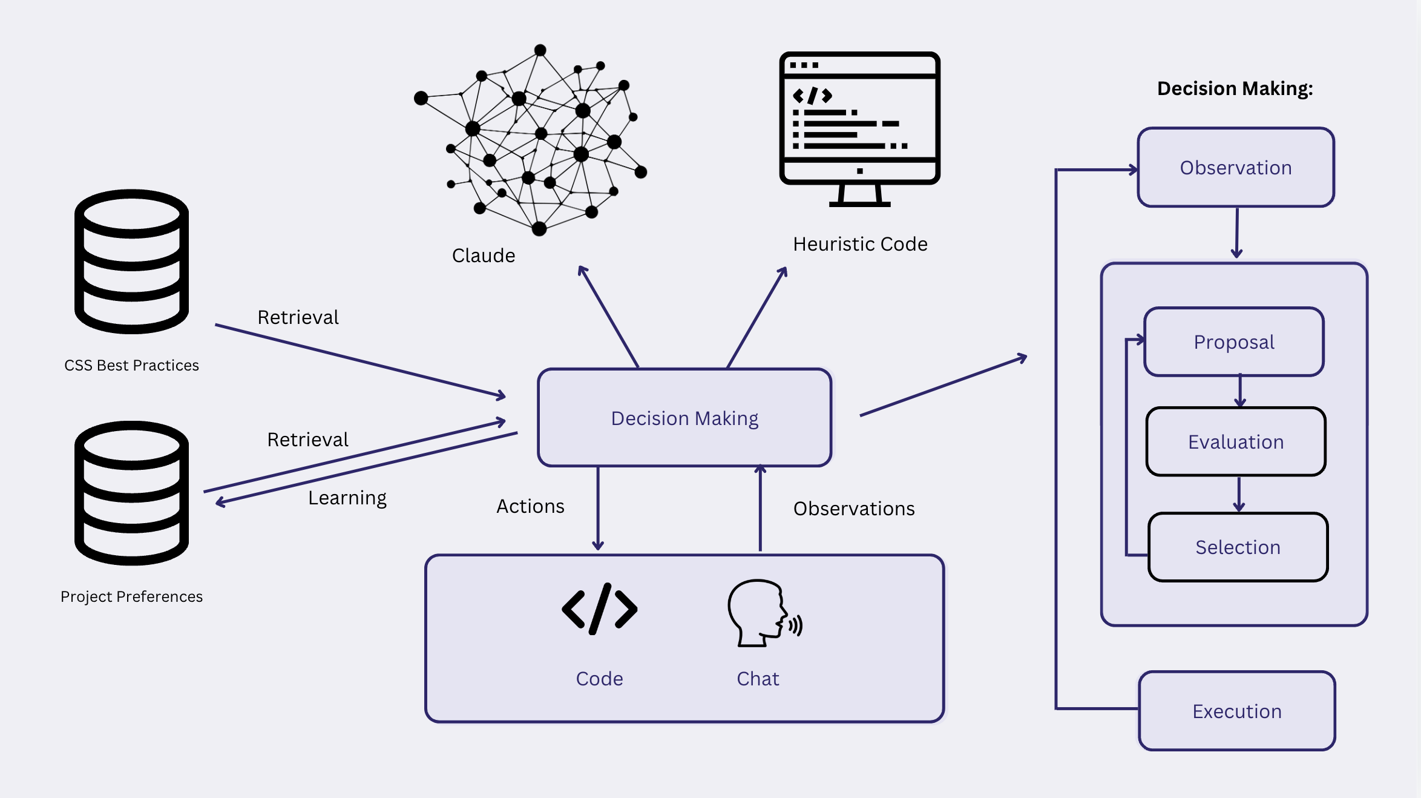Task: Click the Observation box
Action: pos(1236,168)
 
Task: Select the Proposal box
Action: pos(1234,342)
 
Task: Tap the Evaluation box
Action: pos(1236,442)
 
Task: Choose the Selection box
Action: pos(1238,547)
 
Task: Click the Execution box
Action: pos(1237,711)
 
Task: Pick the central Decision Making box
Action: pos(684,418)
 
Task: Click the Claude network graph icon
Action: pos(531,139)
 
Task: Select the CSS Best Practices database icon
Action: pos(131,262)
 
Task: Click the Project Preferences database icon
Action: pos(131,493)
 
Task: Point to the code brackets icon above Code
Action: pos(599,608)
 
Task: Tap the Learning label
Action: pos(347,498)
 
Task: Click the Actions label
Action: pos(530,506)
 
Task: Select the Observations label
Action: pos(854,509)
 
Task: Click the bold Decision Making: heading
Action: pos(1235,89)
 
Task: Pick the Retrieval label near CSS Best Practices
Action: pos(298,317)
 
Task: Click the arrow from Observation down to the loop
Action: pos(1237,233)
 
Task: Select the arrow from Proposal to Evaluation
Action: pos(1240,391)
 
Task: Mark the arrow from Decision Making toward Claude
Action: pos(608,317)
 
